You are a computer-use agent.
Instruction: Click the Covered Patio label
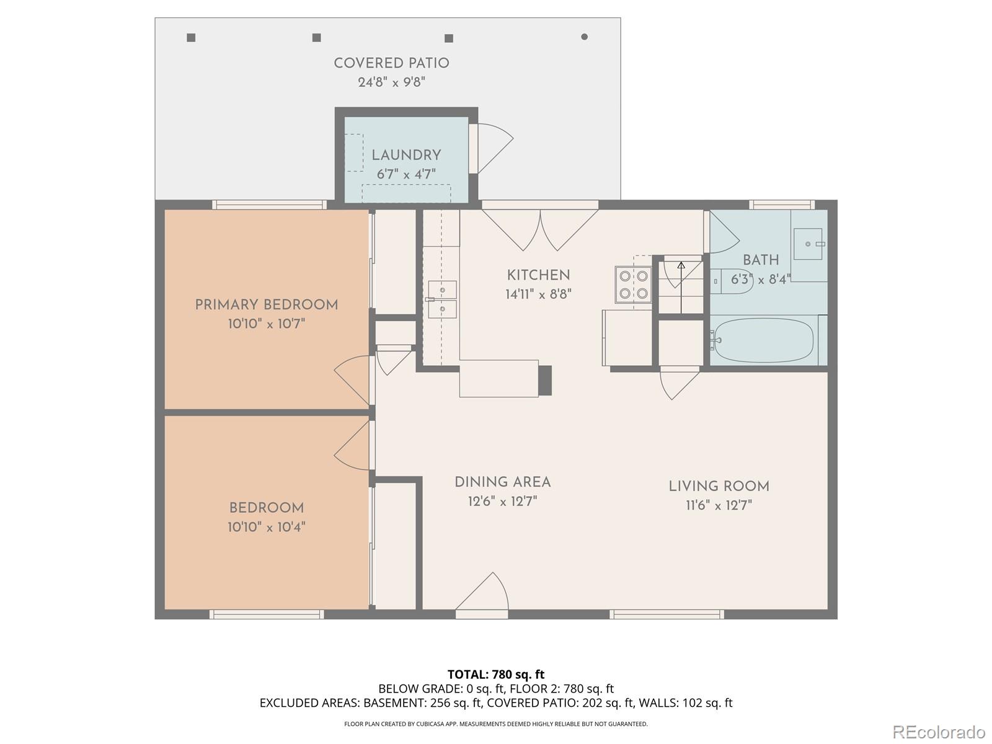coord(391,63)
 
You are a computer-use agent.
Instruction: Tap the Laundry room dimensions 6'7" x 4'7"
coord(406,174)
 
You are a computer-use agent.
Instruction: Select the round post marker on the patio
coord(584,37)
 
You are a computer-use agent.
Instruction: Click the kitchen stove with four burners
coord(633,285)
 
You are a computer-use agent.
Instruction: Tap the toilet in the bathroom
coord(732,281)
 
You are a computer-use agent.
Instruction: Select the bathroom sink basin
coord(808,244)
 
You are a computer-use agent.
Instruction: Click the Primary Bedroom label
coord(267,305)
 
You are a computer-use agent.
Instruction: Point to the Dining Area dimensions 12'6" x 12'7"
coord(502,501)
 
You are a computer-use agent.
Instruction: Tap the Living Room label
coord(719,487)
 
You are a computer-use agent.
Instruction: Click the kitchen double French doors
coord(540,228)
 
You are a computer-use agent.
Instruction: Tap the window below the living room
coord(666,614)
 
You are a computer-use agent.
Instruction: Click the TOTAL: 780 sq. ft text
coord(496,674)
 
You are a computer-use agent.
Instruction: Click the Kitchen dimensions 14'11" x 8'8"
coord(538,294)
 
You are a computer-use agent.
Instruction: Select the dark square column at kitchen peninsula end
coord(544,380)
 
